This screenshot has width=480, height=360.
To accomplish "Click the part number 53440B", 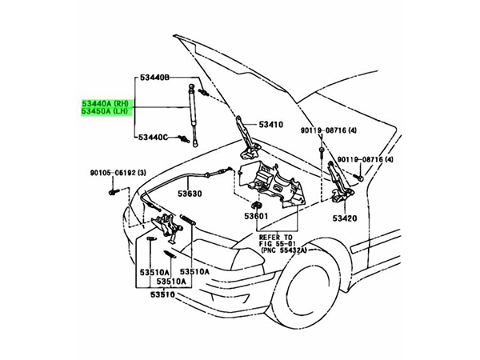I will click(154, 78).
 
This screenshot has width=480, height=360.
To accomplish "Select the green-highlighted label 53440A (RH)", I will click(104, 103).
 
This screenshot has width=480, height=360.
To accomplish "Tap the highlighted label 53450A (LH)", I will click(104, 114).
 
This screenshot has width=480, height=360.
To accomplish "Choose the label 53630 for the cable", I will click(190, 193).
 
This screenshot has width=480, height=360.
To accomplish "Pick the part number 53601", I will click(255, 216).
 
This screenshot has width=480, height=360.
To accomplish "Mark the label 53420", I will click(346, 218).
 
